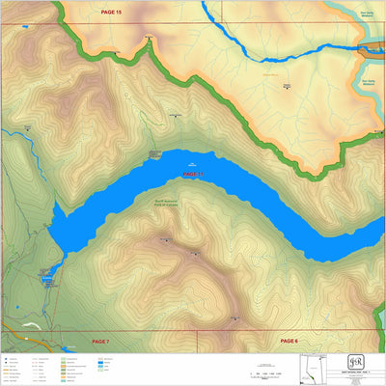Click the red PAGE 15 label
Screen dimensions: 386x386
coord(112,12)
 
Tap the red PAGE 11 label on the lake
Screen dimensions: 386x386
coord(193,174)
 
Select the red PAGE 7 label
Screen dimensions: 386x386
coord(100,342)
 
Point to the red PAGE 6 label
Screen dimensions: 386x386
coord(289,341)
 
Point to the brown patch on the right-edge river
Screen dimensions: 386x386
coord(371,47)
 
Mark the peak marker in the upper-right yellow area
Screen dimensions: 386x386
coord(287,87)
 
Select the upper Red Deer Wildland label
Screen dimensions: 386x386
coord(368,13)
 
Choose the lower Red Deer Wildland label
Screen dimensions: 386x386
coord(368,81)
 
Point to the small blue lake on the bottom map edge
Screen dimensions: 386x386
coord(65,348)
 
